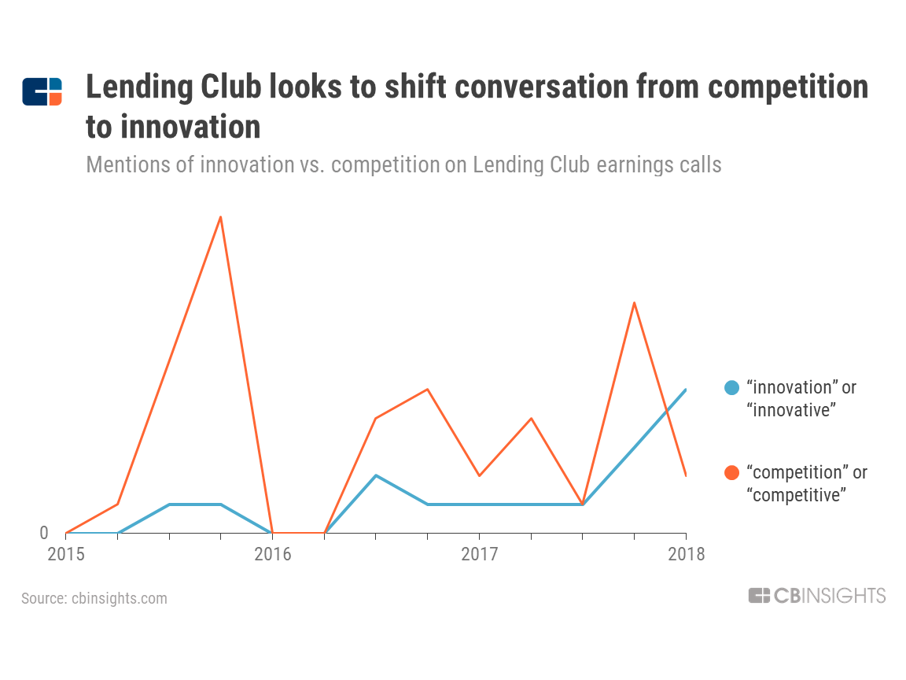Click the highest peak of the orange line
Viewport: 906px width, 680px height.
pyautogui.click(x=221, y=216)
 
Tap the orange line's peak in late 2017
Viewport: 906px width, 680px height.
pyautogui.click(x=634, y=303)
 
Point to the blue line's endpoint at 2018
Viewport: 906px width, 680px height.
pyautogui.click(x=686, y=390)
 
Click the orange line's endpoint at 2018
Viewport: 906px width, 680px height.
pyautogui.click(x=686, y=475)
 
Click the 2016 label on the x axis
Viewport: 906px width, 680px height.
pyautogui.click(x=272, y=554)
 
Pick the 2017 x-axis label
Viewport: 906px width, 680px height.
pyautogui.click(x=479, y=554)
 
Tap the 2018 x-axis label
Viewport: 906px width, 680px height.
pyautogui.click(x=686, y=554)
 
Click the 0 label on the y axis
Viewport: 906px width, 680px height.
pyautogui.click(x=44, y=533)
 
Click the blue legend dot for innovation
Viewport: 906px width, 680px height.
pyautogui.click(x=732, y=387)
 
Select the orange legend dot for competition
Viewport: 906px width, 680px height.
pyautogui.click(x=732, y=472)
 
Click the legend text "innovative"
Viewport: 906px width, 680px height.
pyautogui.click(x=790, y=410)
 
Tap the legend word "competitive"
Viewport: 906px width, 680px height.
pyautogui.click(x=796, y=495)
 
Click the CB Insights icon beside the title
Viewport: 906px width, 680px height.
pyautogui.click(x=42, y=91)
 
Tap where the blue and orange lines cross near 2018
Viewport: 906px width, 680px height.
pyautogui.click(x=667, y=410)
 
